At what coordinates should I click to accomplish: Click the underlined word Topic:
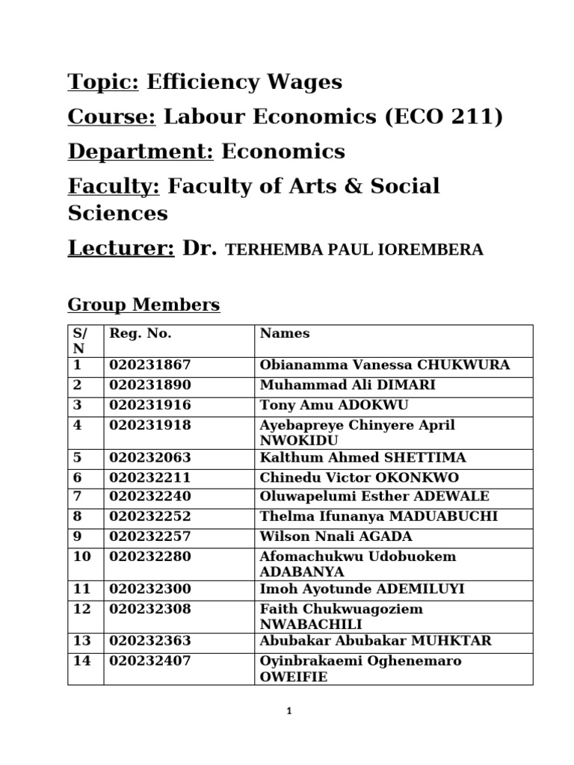pyautogui.click(x=103, y=82)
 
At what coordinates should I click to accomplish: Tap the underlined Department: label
pyautogui.click(x=141, y=152)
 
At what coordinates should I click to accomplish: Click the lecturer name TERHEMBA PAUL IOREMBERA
pyautogui.click(x=354, y=250)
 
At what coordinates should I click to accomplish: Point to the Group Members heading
pyautogui.click(x=143, y=305)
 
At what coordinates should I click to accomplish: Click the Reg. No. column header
pyautogui.click(x=141, y=334)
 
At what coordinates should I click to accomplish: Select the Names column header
pyautogui.click(x=285, y=334)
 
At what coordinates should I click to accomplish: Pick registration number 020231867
pyautogui.click(x=150, y=365)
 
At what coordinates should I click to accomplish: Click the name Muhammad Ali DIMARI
pyautogui.click(x=348, y=385)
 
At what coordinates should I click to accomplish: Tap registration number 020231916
pyautogui.click(x=150, y=405)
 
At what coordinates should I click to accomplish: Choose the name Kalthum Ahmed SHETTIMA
pyautogui.click(x=362, y=458)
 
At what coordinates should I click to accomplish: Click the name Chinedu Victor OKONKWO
pyautogui.click(x=359, y=477)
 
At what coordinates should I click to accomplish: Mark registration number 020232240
pyautogui.click(x=150, y=497)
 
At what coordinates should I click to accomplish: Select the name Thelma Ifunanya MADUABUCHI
pyautogui.click(x=378, y=517)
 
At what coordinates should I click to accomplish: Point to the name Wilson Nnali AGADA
pyautogui.click(x=336, y=536)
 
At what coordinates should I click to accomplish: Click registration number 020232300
pyautogui.click(x=150, y=589)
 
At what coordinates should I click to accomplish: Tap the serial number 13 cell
pyautogui.click(x=82, y=641)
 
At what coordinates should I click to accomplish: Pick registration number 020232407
pyautogui.click(x=150, y=661)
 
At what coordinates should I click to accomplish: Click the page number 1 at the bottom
pyautogui.click(x=288, y=712)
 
